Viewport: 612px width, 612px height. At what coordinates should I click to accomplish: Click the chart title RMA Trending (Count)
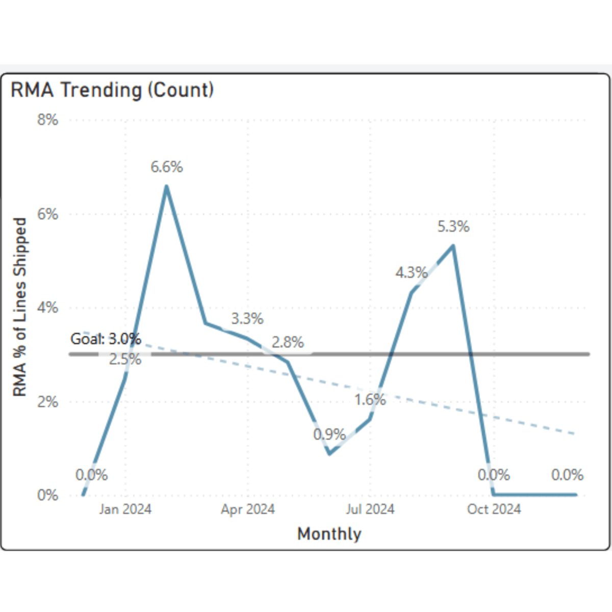[x=112, y=90]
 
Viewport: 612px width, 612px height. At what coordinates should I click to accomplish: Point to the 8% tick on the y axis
[x=47, y=120]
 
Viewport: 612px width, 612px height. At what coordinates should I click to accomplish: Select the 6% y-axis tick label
[x=47, y=214]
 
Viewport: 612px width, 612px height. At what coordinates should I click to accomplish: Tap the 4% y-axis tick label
[x=47, y=308]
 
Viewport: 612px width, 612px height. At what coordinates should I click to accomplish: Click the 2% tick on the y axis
[x=47, y=402]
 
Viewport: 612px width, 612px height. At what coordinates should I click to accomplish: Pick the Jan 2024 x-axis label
[x=125, y=509]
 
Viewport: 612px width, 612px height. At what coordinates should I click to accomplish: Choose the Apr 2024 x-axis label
[x=248, y=509]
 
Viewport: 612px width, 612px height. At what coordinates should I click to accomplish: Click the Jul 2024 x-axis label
[x=370, y=509]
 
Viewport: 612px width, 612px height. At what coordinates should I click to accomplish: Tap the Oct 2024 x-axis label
[x=494, y=509]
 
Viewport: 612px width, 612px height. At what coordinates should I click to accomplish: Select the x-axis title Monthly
[x=329, y=534]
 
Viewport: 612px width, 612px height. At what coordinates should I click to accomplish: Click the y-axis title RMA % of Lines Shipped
[x=19, y=307]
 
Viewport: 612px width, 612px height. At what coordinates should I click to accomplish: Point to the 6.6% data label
[x=166, y=167]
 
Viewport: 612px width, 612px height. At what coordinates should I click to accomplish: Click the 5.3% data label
[x=453, y=227]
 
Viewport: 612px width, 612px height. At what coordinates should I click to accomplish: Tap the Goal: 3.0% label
[x=106, y=339]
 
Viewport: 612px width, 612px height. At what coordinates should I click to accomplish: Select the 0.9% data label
[x=329, y=435]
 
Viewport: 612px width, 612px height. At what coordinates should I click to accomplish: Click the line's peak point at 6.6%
[x=166, y=186]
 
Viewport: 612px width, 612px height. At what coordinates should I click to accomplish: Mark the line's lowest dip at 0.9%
[x=329, y=453]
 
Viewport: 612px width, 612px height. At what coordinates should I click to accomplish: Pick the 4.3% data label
[x=411, y=273]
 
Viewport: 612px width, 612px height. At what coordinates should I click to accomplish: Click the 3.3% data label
[x=247, y=319]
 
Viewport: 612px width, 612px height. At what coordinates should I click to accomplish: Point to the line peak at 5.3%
[x=453, y=246]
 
